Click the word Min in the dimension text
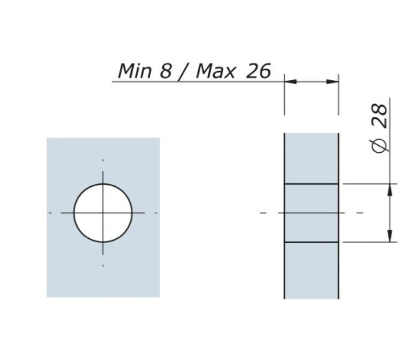click(134, 71)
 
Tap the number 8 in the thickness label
click(165, 71)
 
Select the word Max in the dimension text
click(215, 71)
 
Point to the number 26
click(258, 71)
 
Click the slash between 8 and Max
click(184, 72)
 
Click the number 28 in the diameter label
click(380, 116)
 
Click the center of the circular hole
click(103, 213)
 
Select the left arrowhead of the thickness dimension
click(291, 82)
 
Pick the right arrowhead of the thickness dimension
click(332, 82)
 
